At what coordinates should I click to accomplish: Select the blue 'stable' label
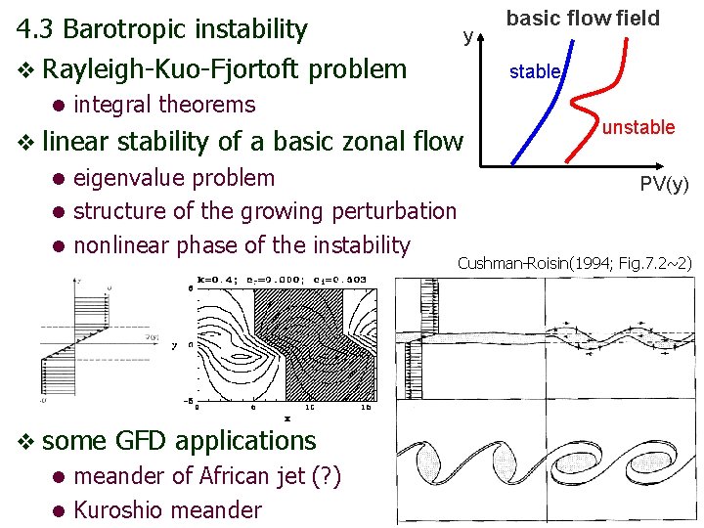535,71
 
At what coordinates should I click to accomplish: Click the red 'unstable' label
638,127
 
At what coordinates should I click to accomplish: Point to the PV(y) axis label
665,184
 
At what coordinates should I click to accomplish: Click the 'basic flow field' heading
583,18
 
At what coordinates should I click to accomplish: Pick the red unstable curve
592,98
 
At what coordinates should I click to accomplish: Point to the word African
236,476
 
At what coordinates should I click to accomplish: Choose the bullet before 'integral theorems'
59,105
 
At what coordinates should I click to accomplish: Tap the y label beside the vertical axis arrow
469,37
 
